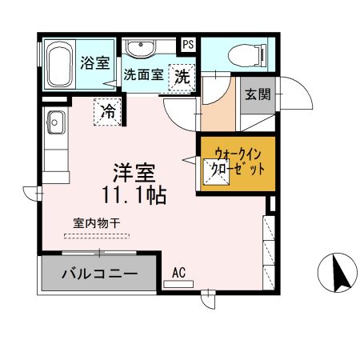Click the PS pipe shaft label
tap(189, 45)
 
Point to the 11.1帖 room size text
tap(134, 194)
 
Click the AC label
tap(178, 273)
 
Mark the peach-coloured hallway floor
tap(218, 112)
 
